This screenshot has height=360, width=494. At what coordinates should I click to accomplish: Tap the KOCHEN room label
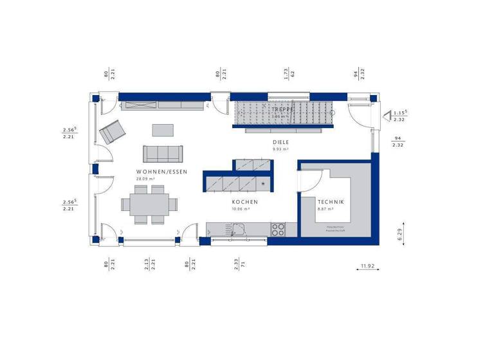[x=245, y=202]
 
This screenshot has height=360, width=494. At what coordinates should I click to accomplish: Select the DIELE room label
[x=280, y=142]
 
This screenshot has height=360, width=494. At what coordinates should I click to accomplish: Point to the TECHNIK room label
[x=331, y=202]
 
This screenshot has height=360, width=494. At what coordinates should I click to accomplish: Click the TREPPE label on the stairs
[x=282, y=110]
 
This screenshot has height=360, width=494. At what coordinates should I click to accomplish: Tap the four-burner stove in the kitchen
[x=279, y=228]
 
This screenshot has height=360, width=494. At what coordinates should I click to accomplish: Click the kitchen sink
[x=239, y=229]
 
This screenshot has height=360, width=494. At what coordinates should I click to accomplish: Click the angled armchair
[x=113, y=132]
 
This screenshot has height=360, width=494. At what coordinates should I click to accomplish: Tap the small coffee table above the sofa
[x=163, y=130]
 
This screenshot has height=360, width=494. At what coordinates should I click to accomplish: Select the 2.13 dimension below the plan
[x=147, y=264]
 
